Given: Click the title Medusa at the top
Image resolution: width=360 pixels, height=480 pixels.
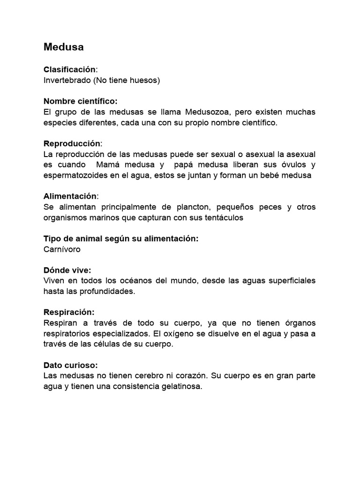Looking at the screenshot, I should point(64,47).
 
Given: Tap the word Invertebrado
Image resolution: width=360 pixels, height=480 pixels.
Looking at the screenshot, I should point(67,80).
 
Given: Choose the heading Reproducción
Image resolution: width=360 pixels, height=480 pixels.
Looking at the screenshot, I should point(72,143).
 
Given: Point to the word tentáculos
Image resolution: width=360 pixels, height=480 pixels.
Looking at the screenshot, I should point(225,217).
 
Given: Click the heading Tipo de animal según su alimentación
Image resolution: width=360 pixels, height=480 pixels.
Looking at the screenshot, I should point(121,239).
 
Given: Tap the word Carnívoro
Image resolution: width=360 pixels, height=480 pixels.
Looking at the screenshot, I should point(62,249).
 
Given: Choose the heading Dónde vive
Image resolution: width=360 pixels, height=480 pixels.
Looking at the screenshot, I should point(67,270).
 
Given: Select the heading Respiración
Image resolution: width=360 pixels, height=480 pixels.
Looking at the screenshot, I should point(69,312).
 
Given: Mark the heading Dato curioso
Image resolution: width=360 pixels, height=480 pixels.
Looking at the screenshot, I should point(70,365).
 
